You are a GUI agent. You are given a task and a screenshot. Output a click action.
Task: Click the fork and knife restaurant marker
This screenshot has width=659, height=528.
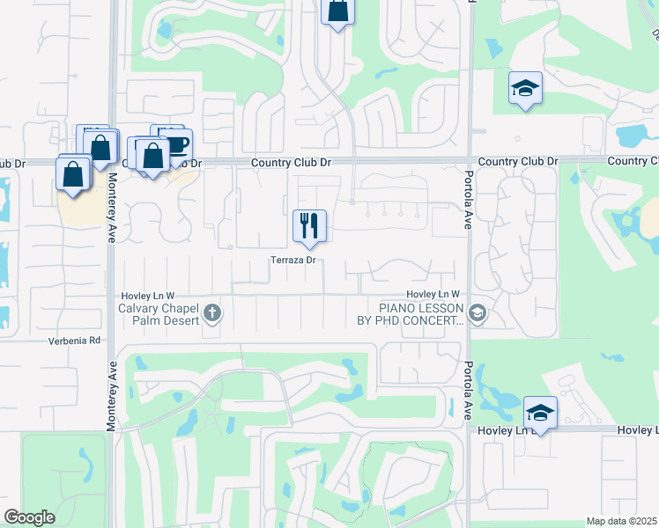(x=309, y=226)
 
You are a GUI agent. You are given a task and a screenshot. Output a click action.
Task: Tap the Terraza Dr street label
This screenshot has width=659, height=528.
(x=293, y=260)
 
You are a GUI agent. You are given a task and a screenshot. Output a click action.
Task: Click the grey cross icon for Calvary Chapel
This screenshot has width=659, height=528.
(x=211, y=312)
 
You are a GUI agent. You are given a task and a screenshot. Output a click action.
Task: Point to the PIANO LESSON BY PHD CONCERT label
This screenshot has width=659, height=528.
(x=421, y=314)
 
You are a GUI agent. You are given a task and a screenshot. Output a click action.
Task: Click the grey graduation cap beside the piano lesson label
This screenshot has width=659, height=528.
(x=478, y=312)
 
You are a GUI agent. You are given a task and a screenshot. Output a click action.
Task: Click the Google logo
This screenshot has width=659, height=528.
(x=29, y=517)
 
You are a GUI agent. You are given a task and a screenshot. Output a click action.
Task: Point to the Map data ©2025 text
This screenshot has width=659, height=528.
(x=621, y=521)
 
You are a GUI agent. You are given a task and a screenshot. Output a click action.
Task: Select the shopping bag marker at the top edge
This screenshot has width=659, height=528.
(x=337, y=12)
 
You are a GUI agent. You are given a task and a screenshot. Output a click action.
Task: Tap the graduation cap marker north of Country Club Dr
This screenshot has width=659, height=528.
(x=525, y=88)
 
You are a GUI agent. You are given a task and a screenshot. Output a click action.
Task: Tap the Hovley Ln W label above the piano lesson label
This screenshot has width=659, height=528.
(x=433, y=294)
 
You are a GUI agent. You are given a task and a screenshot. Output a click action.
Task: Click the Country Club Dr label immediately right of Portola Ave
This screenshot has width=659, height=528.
(x=518, y=162)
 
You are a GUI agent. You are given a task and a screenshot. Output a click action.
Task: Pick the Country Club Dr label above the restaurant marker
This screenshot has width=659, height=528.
(x=290, y=163)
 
